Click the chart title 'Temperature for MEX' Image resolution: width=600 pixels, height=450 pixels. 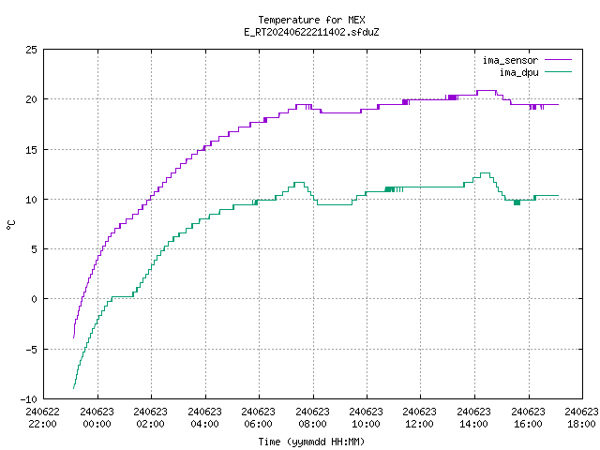[311, 20]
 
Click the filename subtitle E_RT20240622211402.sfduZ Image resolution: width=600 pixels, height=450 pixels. [311, 32]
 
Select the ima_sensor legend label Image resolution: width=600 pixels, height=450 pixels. [510, 60]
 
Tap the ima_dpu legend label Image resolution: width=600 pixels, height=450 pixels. [518, 72]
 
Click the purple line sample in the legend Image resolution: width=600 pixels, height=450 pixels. [558, 60]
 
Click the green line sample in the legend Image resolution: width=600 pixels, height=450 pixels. [558, 71]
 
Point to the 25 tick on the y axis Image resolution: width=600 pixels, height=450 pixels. [31, 50]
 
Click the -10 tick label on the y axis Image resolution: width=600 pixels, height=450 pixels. [29, 399]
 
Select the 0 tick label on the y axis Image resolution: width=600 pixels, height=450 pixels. [35, 299]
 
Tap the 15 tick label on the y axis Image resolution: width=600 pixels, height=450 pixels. [31, 150]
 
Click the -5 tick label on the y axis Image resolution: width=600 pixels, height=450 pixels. [31, 350]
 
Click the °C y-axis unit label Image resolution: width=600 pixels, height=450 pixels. [11, 225]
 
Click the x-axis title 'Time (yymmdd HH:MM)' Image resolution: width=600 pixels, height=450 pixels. [311, 442]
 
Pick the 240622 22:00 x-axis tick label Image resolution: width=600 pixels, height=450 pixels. [42, 417]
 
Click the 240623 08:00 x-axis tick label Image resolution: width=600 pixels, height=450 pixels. [312, 417]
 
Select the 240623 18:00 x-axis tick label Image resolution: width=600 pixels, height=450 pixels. [581, 417]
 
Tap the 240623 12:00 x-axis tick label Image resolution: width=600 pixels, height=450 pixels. [420, 417]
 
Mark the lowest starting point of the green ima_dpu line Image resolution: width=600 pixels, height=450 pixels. [73, 388]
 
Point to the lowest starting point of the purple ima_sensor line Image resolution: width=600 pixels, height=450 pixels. [73, 337]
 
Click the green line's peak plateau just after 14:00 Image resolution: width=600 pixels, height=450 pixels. [485, 172]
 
